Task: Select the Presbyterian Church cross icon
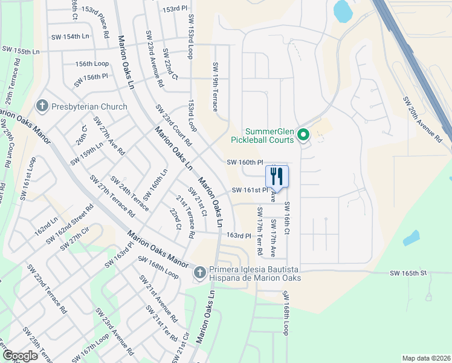tap(42, 107)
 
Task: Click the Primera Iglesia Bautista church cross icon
tap(200, 273)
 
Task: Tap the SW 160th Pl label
tap(245, 162)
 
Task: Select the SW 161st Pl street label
tap(250, 191)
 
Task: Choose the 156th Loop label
tap(92, 64)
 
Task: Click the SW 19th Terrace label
tap(215, 87)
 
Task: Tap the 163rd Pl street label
tap(238, 235)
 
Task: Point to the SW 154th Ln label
tap(69, 36)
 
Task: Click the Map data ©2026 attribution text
tap(426, 358)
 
